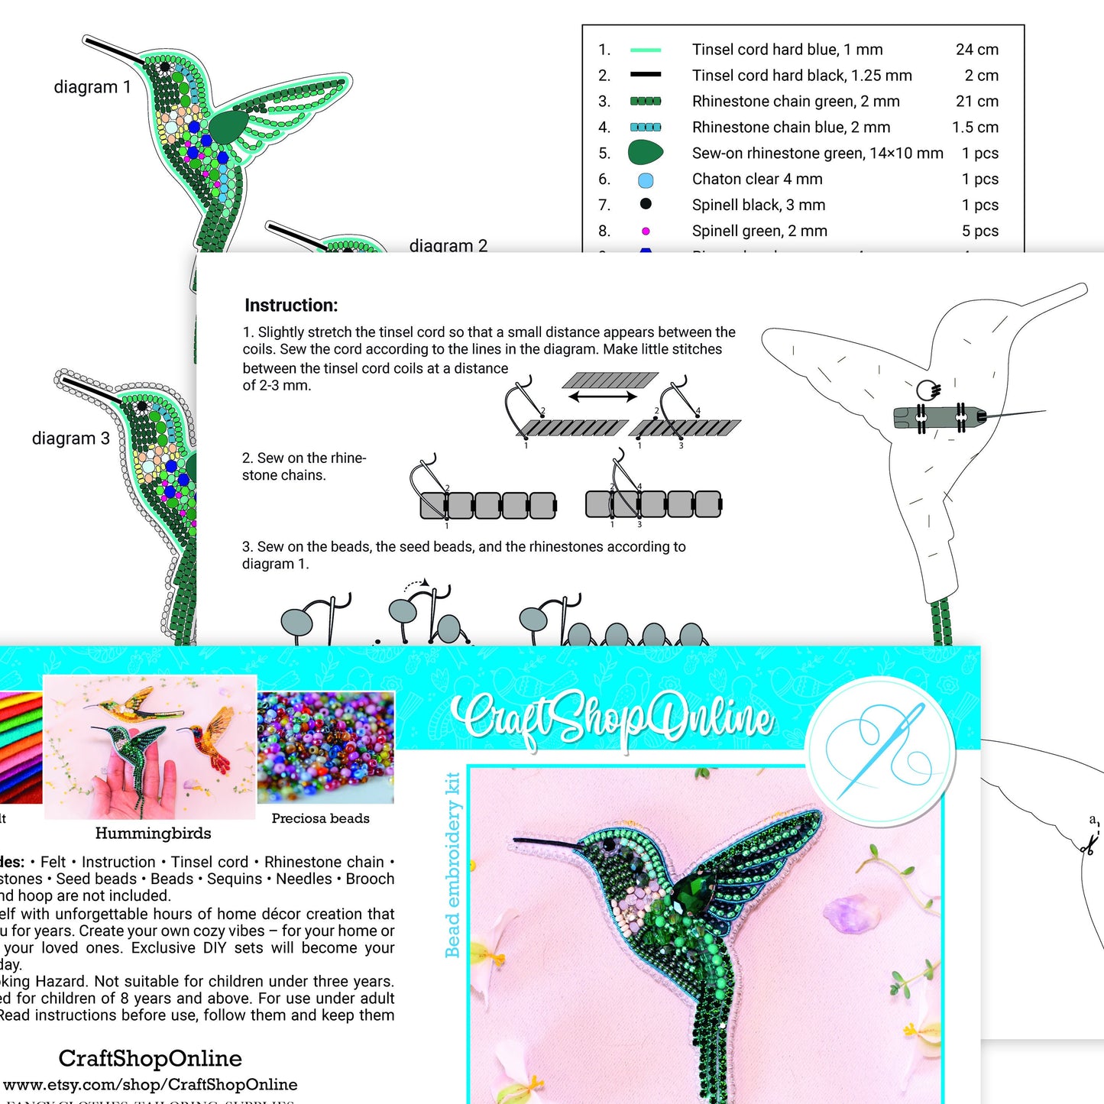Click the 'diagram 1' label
point(92,87)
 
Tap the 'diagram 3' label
point(70,439)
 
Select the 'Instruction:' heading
point(291,306)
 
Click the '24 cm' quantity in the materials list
point(976,50)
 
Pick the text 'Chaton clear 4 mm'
point(756,180)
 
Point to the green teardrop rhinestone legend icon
point(645,153)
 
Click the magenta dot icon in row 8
point(646,231)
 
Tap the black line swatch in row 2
point(646,75)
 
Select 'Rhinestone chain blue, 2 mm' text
point(791,128)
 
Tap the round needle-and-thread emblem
point(881,752)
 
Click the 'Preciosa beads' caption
point(320,818)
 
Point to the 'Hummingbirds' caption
point(153,834)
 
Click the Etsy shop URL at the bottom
point(151,1085)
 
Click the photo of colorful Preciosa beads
point(325,746)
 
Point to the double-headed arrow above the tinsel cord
point(603,397)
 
